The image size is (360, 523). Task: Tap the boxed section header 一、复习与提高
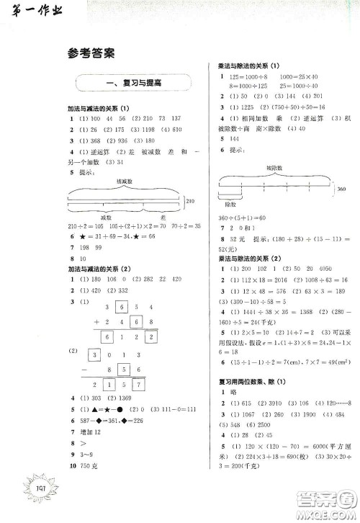133,84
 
